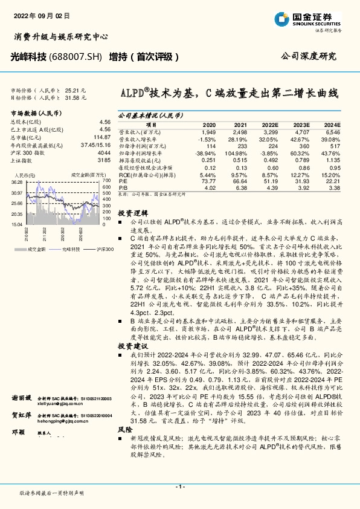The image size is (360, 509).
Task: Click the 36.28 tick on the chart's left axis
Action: tap(17, 181)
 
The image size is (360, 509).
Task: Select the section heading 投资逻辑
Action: tap(129, 213)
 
